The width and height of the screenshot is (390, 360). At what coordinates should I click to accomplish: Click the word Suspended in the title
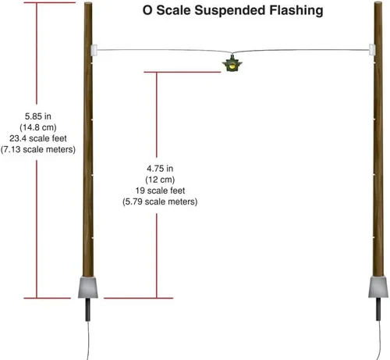click(230, 11)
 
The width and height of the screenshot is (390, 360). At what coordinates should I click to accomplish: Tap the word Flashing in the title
click(296, 11)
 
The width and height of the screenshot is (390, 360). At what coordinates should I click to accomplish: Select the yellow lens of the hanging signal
click(232, 66)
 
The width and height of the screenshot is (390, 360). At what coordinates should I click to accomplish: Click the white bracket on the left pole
click(94, 50)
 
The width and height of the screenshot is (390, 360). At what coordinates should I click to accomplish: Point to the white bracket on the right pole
click(372, 50)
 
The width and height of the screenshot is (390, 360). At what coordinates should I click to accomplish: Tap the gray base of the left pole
click(88, 287)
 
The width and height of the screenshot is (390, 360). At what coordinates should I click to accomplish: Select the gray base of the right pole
click(378, 287)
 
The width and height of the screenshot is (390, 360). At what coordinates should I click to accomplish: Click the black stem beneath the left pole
click(88, 310)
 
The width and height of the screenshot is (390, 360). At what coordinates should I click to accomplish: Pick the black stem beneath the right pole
click(378, 309)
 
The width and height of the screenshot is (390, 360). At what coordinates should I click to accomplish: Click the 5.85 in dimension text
click(38, 116)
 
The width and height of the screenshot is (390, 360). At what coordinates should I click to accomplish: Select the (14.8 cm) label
click(38, 127)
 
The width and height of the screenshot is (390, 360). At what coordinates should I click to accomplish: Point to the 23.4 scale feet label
click(38, 138)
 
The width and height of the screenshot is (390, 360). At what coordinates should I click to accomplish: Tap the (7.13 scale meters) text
click(38, 149)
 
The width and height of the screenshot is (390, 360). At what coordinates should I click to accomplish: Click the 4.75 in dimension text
click(160, 169)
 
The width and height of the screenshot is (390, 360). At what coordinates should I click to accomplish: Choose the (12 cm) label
click(160, 180)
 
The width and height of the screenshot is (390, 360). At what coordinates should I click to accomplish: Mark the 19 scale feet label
click(160, 191)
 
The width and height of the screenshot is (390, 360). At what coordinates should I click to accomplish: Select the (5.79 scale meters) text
click(160, 201)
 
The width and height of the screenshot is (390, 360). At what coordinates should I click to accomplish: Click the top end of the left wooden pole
click(88, 3)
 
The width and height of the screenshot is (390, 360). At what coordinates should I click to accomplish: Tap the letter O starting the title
click(147, 11)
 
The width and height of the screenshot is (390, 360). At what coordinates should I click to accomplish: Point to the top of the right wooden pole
click(378, 2)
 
